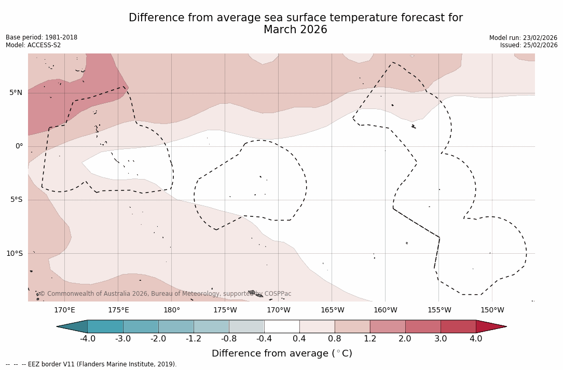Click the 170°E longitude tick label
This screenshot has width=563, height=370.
click(64, 310)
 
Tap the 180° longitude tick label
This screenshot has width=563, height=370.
click(172, 310)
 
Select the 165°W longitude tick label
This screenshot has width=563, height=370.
click(332, 310)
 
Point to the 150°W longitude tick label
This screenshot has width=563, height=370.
click(492, 310)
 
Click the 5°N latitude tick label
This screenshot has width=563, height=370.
click(16, 93)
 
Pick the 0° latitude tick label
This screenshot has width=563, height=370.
click(19, 146)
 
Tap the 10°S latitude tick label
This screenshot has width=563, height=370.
click(14, 254)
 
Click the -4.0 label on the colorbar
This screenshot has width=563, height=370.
click(87, 339)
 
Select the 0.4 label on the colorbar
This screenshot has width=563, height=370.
click(299, 339)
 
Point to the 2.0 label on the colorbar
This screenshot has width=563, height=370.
click(405, 339)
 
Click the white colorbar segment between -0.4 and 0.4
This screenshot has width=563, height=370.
click(282, 326)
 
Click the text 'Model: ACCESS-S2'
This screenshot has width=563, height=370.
click(33, 45)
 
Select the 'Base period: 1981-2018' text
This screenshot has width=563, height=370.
click(42, 37)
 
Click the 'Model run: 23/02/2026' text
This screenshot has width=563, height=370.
click(523, 38)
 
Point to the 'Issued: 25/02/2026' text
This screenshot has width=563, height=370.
click(529, 45)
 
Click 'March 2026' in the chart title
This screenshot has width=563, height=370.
click(295, 30)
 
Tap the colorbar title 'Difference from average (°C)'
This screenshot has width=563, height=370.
click(282, 353)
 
